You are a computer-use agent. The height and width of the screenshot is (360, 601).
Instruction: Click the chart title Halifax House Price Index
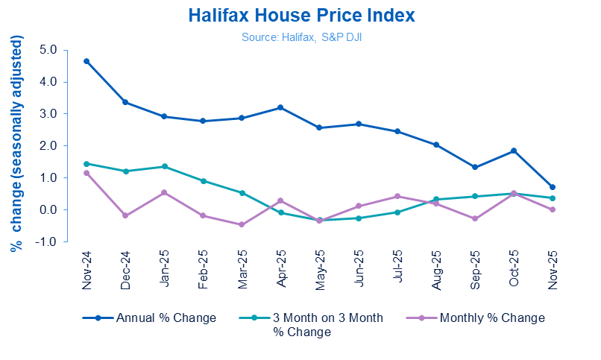(x=301, y=16)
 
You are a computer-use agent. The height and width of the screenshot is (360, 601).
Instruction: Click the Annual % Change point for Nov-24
(x=87, y=61)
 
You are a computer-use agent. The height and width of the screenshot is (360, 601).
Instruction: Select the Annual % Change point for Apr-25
(x=280, y=107)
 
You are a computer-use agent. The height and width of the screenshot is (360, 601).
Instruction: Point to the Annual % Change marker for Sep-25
(x=475, y=167)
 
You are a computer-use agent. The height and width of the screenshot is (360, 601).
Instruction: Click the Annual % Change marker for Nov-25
(x=553, y=187)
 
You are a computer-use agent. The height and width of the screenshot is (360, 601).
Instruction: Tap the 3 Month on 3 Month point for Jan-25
(x=164, y=166)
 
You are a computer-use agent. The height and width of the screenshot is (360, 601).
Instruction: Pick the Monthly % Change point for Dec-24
(x=125, y=215)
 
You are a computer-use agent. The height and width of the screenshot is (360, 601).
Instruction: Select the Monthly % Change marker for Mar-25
(x=242, y=224)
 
